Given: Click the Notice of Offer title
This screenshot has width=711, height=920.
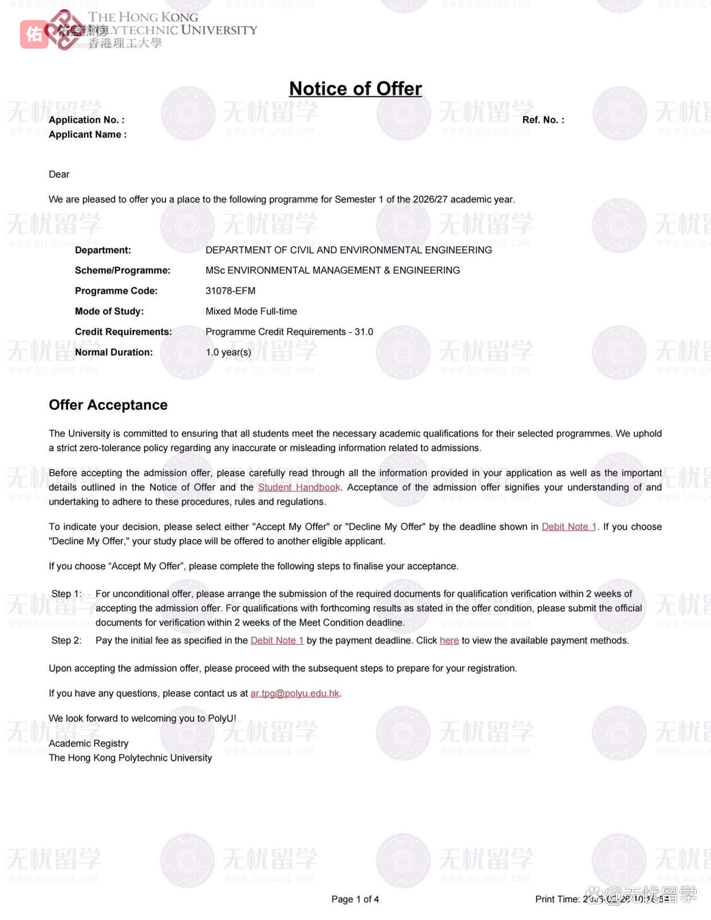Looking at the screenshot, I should [x=355, y=89].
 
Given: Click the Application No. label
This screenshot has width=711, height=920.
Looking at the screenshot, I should [x=86, y=120].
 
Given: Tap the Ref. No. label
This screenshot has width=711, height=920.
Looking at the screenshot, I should [x=543, y=120].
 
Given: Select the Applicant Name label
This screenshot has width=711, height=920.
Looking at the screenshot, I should [x=88, y=135].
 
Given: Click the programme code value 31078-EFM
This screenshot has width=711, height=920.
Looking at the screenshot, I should [x=230, y=291].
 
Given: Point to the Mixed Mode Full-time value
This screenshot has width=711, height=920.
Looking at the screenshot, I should [x=251, y=311].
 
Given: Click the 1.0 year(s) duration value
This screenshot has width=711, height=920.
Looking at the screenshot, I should [x=228, y=352].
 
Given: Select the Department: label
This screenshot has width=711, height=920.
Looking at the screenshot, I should [x=103, y=250].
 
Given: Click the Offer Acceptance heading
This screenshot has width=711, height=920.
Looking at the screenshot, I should [x=108, y=405].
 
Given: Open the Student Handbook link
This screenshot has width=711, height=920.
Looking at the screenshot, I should [x=299, y=487].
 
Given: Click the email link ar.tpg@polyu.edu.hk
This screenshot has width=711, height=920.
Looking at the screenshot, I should [x=295, y=693].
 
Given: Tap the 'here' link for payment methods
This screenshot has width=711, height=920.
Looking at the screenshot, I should [x=449, y=640].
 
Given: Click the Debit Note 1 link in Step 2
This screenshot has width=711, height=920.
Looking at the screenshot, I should [x=277, y=640].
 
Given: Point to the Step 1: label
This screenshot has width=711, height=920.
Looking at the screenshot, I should [x=66, y=594].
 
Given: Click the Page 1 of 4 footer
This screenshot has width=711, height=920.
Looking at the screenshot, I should [x=355, y=899].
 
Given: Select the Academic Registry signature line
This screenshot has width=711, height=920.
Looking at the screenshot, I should [x=89, y=743].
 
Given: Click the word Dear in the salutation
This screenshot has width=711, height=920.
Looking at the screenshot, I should [x=59, y=175].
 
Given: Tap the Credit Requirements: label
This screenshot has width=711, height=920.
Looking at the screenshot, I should [x=123, y=332].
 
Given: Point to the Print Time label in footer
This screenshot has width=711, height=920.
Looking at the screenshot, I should [x=557, y=899].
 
